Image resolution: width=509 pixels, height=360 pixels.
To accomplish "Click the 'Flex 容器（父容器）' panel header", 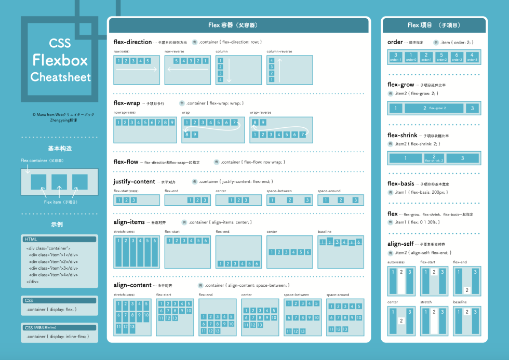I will [238, 25].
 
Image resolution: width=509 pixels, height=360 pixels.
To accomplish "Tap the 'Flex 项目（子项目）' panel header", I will [434, 25].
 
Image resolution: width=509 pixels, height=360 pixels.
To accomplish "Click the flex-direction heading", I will [132, 42].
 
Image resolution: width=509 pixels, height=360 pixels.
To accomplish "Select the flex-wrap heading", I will [127, 103].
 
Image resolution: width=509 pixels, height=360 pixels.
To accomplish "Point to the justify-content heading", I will [134, 182].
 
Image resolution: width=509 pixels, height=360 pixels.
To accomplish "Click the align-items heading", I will [129, 222].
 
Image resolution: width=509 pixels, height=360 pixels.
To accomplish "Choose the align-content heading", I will [132, 285].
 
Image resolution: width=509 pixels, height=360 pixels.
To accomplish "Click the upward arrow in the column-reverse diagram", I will [279, 70].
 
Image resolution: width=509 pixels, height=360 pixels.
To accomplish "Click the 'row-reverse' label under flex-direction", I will [174, 51].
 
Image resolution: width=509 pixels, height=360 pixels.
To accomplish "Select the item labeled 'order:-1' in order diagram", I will [396, 57].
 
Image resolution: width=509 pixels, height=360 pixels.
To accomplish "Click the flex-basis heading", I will [401, 183].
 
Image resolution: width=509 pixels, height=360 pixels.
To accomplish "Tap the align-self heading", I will [401, 244].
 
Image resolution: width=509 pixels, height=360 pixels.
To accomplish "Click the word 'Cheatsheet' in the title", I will [60, 77].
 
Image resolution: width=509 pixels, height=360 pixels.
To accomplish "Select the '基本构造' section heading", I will [59, 149].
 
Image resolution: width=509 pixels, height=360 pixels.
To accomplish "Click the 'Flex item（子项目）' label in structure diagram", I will [60, 202].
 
